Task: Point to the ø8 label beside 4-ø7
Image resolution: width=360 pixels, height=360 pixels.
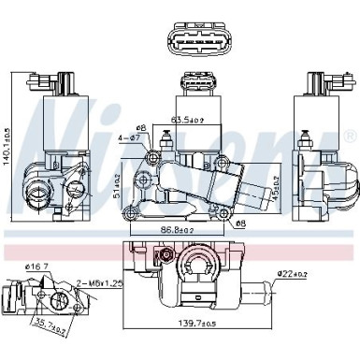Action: click(x=140, y=127)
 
